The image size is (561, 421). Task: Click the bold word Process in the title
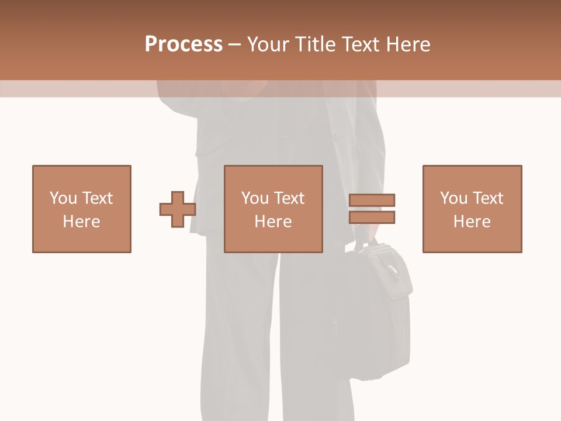(183, 44)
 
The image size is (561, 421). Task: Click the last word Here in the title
(408, 44)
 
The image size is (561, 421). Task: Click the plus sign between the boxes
(178, 209)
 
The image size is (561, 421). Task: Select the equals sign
(372, 209)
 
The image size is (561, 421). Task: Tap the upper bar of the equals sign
(372, 201)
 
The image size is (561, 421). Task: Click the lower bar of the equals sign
(372, 217)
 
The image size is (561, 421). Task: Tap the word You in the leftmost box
(63, 198)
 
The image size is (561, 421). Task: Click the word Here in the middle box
(273, 222)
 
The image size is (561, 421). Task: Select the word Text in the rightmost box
(488, 198)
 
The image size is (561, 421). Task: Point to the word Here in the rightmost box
(472, 222)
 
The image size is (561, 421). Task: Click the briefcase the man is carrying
(374, 316)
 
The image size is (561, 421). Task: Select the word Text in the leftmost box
(97, 198)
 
